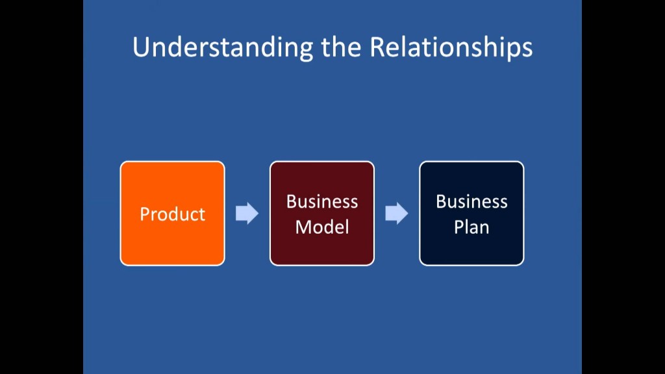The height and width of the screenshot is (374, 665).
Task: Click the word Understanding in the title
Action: point(223,47)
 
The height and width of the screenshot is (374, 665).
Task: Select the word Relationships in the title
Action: point(451,47)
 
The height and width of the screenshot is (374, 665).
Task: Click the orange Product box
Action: point(173,213)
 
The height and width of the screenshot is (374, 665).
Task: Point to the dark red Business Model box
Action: point(322,213)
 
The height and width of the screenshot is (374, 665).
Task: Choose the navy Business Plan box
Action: point(471,213)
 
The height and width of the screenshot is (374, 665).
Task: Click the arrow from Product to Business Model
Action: point(247,213)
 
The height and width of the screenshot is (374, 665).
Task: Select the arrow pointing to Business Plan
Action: point(397,213)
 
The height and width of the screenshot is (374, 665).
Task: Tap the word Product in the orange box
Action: point(173,214)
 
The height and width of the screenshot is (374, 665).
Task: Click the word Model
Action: point(322,227)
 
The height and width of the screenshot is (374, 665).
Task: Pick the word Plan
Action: point(471,227)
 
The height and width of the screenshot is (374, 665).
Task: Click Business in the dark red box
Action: point(322,201)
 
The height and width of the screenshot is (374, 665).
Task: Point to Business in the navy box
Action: point(471,201)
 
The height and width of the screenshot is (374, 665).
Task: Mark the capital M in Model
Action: point(304,227)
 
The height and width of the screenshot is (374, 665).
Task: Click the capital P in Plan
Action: point(459,227)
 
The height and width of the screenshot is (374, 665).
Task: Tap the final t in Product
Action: point(201,216)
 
